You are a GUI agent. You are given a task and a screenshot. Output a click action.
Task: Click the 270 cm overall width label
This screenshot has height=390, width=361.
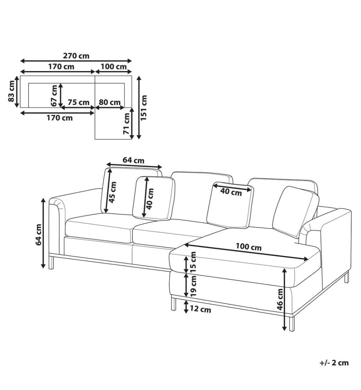(76, 55)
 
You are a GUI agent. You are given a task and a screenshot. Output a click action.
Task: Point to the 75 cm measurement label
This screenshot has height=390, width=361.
(79, 102)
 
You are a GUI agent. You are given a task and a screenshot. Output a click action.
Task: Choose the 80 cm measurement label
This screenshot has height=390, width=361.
(110, 102)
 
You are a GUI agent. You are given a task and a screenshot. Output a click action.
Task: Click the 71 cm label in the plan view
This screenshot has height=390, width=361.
(127, 123)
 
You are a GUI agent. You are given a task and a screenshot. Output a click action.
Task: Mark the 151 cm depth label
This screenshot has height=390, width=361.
(144, 108)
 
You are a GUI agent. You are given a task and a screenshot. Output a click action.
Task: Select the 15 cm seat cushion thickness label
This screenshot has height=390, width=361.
(193, 262)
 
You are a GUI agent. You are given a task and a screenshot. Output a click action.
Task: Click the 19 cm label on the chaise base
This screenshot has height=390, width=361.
(193, 286)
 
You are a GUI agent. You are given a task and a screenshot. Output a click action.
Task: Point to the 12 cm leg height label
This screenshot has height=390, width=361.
(200, 309)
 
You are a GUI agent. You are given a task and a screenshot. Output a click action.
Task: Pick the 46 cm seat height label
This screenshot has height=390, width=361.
(280, 299)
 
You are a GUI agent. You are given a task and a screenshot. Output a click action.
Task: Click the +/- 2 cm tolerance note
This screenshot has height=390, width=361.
(334, 363)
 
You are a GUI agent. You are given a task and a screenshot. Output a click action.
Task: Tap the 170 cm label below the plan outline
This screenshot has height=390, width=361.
(59, 118)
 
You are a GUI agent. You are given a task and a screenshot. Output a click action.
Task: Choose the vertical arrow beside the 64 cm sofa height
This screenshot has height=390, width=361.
(43, 233)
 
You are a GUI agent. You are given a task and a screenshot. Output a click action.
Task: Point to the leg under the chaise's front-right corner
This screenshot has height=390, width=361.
(292, 323)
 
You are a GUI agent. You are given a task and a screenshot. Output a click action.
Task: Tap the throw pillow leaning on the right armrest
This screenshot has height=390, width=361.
(296, 212)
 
